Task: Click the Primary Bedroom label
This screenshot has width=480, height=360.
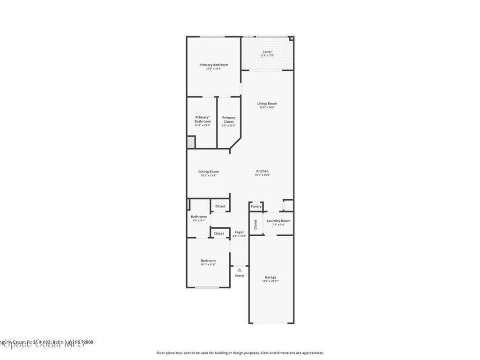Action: [214, 65]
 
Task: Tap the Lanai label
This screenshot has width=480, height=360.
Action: [267, 52]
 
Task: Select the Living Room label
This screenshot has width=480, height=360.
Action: [267, 104]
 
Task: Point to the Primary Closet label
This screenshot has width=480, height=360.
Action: [229, 120]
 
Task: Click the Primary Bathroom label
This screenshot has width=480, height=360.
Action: [202, 120]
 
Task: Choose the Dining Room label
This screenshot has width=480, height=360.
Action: [209, 172]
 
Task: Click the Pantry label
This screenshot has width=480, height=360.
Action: [256, 206]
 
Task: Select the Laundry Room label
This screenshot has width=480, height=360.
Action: [278, 220]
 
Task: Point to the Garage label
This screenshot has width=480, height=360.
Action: [271, 277]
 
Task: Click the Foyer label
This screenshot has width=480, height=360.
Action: [240, 232]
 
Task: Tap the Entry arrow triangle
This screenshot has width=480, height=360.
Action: [240, 270]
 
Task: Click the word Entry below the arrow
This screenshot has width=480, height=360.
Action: [240, 276]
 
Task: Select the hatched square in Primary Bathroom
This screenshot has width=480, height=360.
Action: [191, 142]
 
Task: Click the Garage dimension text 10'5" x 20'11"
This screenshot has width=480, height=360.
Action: [271, 281]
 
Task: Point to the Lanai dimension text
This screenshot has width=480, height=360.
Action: [267, 56]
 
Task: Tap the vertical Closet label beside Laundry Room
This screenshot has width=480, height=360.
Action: [255, 225]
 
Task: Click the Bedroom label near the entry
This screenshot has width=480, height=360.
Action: [209, 261]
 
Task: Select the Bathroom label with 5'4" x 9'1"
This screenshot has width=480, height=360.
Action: [199, 217]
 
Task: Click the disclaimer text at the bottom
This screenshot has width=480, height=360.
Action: [240, 353]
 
